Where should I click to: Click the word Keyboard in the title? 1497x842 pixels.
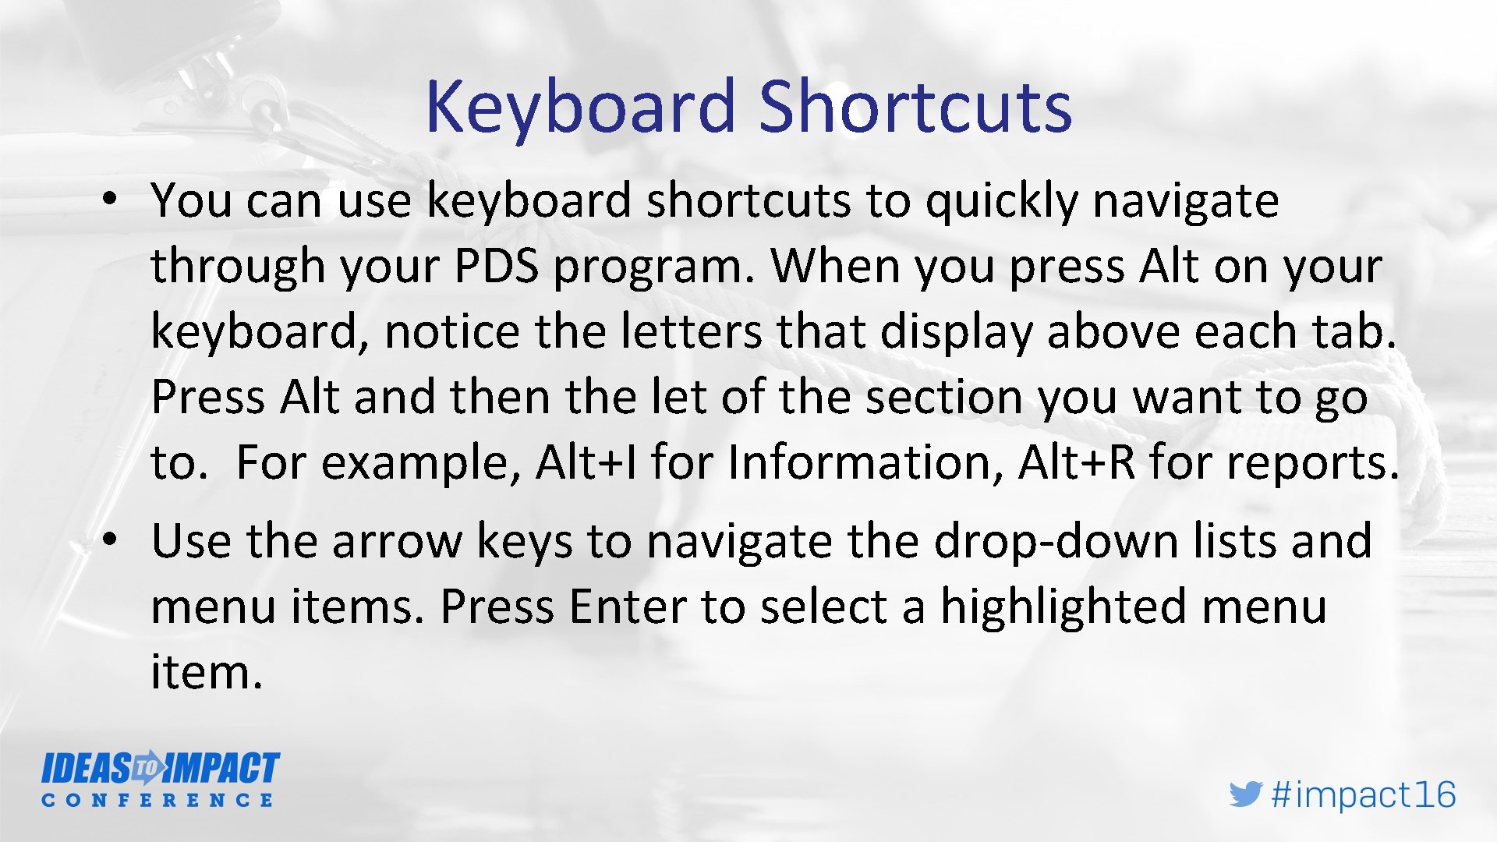click(x=580, y=107)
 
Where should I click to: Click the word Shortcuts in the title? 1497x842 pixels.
click(x=915, y=107)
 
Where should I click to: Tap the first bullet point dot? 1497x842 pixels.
click(x=110, y=198)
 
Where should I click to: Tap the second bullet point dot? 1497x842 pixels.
click(x=110, y=539)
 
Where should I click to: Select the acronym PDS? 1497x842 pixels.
click(x=497, y=267)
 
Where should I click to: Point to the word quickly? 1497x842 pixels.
click(x=1001, y=201)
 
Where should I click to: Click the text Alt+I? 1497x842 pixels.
click(x=586, y=462)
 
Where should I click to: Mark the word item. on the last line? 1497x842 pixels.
click(x=207, y=672)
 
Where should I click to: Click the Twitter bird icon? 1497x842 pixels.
click(x=1245, y=794)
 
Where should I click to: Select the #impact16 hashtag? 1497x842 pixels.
click(x=1363, y=794)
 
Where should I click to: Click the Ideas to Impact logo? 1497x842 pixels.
click(x=160, y=769)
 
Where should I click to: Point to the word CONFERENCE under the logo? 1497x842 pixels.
click(x=157, y=801)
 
